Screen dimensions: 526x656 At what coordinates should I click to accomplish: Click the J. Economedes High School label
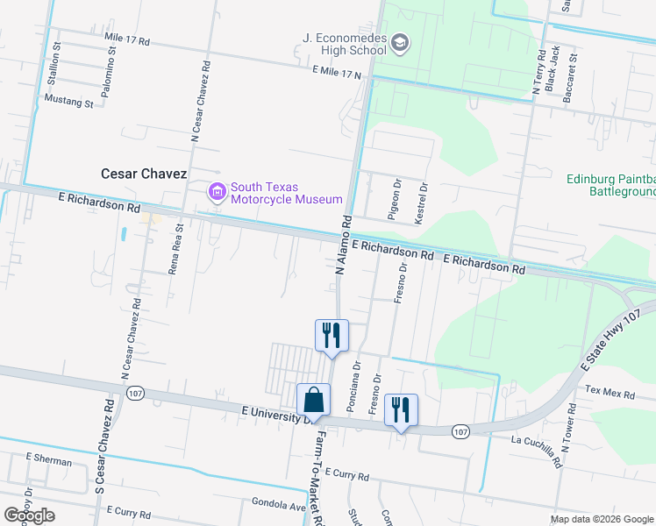coord(344,44)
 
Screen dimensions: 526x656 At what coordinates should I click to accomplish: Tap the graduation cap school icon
coord(400,43)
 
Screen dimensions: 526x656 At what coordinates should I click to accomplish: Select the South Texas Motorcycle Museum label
coord(265,193)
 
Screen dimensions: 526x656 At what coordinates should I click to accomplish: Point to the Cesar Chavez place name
coord(151,174)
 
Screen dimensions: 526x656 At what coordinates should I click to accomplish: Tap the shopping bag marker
coord(313,400)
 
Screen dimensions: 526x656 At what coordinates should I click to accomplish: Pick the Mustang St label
coord(69,103)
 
